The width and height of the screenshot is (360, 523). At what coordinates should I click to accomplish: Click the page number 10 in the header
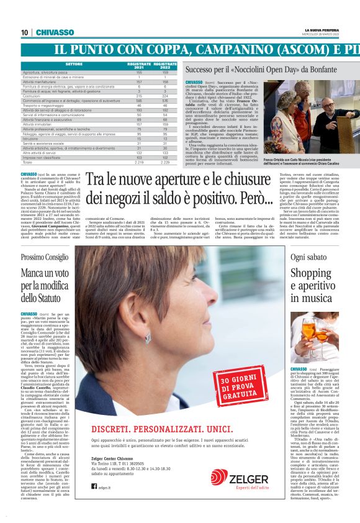click(25, 32)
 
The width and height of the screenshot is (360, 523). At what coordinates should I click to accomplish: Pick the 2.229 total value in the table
click(164, 162)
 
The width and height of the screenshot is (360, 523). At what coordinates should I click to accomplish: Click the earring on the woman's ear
click(147, 338)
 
